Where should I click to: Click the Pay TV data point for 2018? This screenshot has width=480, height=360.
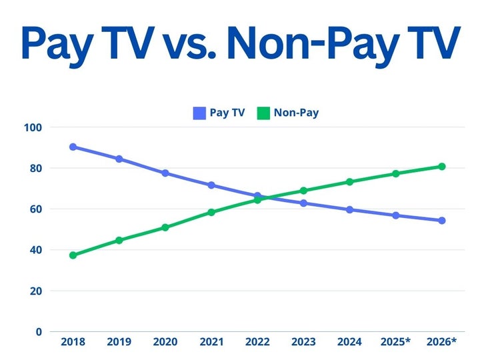pyautogui.click(x=73, y=147)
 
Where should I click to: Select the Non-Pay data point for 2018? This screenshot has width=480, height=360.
pyautogui.click(x=73, y=255)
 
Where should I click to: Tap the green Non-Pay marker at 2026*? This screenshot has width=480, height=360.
pyautogui.click(x=441, y=167)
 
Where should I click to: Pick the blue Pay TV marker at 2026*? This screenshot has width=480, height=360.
pyautogui.click(x=441, y=221)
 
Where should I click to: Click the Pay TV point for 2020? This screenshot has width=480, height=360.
pyautogui.click(x=165, y=173)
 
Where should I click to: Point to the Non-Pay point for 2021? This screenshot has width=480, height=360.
pyautogui.click(x=211, y=213)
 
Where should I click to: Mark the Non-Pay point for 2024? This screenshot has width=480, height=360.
pyautogui.click(x=349, y=182)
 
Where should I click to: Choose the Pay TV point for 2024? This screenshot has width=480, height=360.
pyautogui.click(x=349, y=209)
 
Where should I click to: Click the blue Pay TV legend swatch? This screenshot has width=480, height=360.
pyautogui.click(x=199, y=113)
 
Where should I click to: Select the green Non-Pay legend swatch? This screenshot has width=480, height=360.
pyautogui.click(x=263, y=113)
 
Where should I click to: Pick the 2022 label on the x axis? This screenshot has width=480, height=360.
pyautogui.click(x=257, y=343)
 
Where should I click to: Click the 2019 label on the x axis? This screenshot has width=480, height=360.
pyautogui.click(x=119, y=343)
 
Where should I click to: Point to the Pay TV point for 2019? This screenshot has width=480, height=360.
pyautogui.click(x=119, y=159)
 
